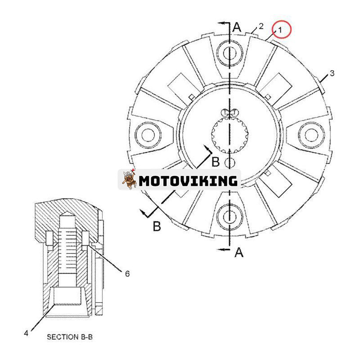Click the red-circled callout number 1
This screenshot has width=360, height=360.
pos(279,30)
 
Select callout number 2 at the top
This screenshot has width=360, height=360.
pos(261,26)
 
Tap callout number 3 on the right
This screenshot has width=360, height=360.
pos(332,73)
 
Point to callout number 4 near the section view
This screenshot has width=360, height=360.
pos(26,333)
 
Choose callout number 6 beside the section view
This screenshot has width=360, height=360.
pos(127,273)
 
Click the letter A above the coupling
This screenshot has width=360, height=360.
pos(238,27)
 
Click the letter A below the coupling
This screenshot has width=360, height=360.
pos(239,253)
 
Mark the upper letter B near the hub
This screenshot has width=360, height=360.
pos(216,161)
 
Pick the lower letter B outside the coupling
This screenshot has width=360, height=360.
pos(156,226)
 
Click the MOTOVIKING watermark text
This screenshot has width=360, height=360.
pos(188,181)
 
